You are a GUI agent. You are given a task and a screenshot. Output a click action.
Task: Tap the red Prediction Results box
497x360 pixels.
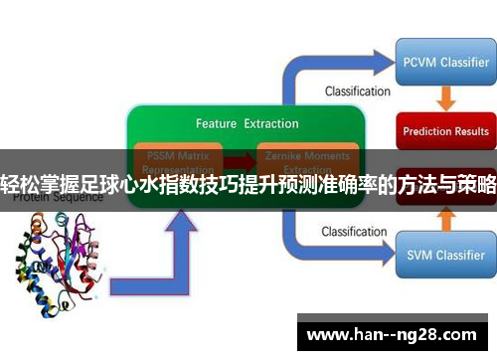445,131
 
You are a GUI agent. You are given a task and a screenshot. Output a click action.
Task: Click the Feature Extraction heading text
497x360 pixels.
247,124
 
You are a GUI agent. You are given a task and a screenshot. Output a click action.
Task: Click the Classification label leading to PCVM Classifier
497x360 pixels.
357,91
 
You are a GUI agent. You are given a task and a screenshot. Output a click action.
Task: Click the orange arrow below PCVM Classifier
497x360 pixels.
444,98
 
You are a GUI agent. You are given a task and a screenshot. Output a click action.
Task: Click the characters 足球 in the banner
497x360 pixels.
115,186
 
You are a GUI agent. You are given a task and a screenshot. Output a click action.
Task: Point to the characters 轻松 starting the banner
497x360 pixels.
22,186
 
